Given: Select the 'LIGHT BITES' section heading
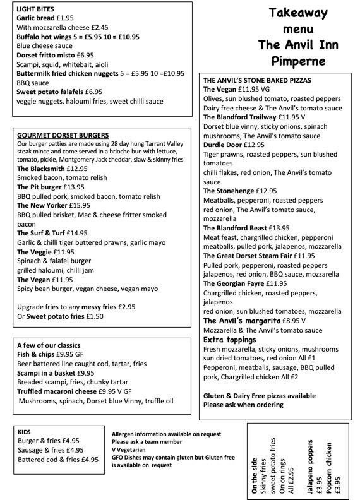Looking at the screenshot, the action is pos(35,9).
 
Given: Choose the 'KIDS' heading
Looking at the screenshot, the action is pos(25,431).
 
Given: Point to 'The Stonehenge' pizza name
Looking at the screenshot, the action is pos(230,191).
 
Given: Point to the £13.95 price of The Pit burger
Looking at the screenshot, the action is pos(73,187).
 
